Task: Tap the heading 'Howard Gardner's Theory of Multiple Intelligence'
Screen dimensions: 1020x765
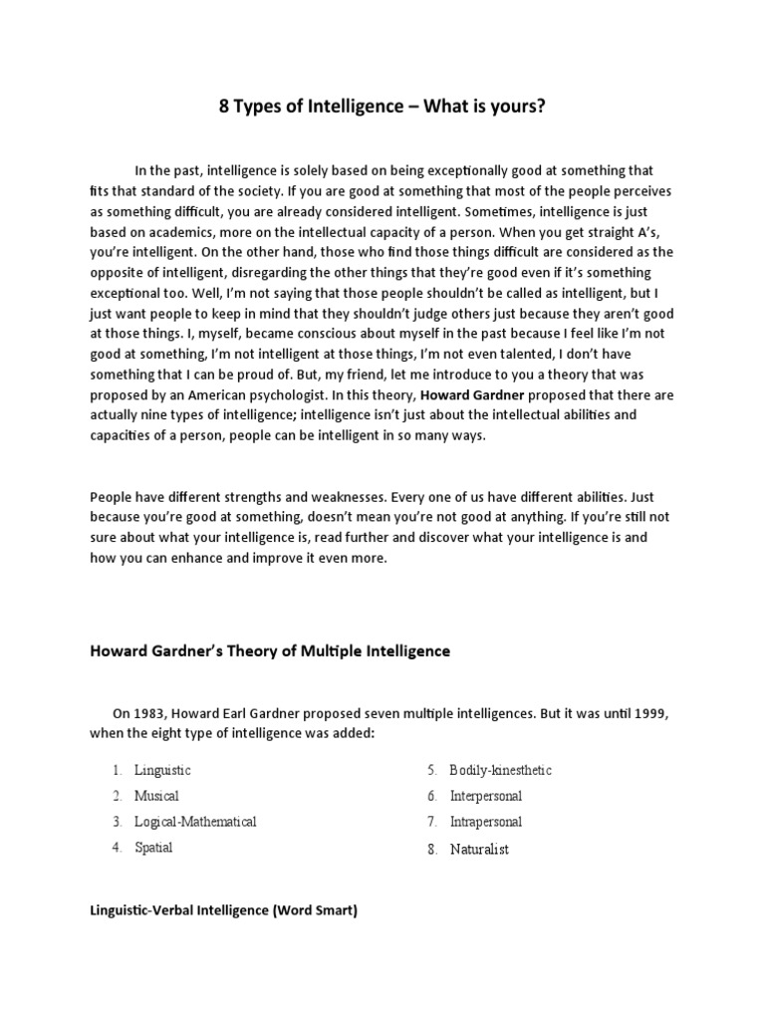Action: (270, 651)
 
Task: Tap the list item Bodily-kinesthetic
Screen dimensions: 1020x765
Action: (500, 770)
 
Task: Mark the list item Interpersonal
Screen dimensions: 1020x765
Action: (485, 796)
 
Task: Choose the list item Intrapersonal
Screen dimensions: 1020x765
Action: (485, 822)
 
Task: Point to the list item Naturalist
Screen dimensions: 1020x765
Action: (479, 850)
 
